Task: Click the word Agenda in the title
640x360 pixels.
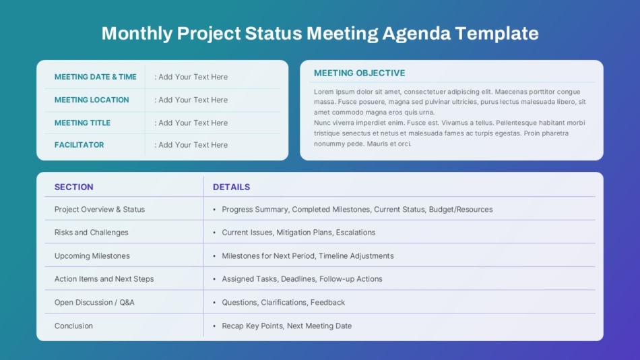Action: click(x=416, y=34)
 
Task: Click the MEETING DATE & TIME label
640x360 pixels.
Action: click(x=96, y=77)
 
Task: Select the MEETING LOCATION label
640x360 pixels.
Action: click(x=92, y=100)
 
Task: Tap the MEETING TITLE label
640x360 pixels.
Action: click(x=82, y=123)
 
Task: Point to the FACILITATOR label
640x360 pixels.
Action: click(x=79, y=145)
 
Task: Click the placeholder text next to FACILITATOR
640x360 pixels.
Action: click(x=191, y=145)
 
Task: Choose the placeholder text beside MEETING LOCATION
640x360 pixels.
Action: click(x=191, y=100)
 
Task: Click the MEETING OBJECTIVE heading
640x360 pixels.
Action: click(x=360, y=73)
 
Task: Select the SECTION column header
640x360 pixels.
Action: click(x=74, y=187)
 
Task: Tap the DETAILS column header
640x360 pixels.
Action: click(x=232, y=187)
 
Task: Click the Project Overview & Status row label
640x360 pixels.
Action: click(x=100, y=209)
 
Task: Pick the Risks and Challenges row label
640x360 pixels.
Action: click(x=92, y=232)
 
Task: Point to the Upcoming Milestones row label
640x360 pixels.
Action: click(x=92, y=256)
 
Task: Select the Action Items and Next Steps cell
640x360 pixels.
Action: click(x=104, y=278)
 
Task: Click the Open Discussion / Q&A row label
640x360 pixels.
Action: click(x=94, y=303)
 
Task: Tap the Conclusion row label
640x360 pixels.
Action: click(x=73, y=326)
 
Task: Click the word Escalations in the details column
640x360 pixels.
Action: click(x=356, y=232)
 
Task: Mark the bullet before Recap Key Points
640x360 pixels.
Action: click(x=214, y=326)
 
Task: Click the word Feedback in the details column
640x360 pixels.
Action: click(x=328, y=303)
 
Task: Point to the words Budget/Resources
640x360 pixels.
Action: click(x=461, y=209)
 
